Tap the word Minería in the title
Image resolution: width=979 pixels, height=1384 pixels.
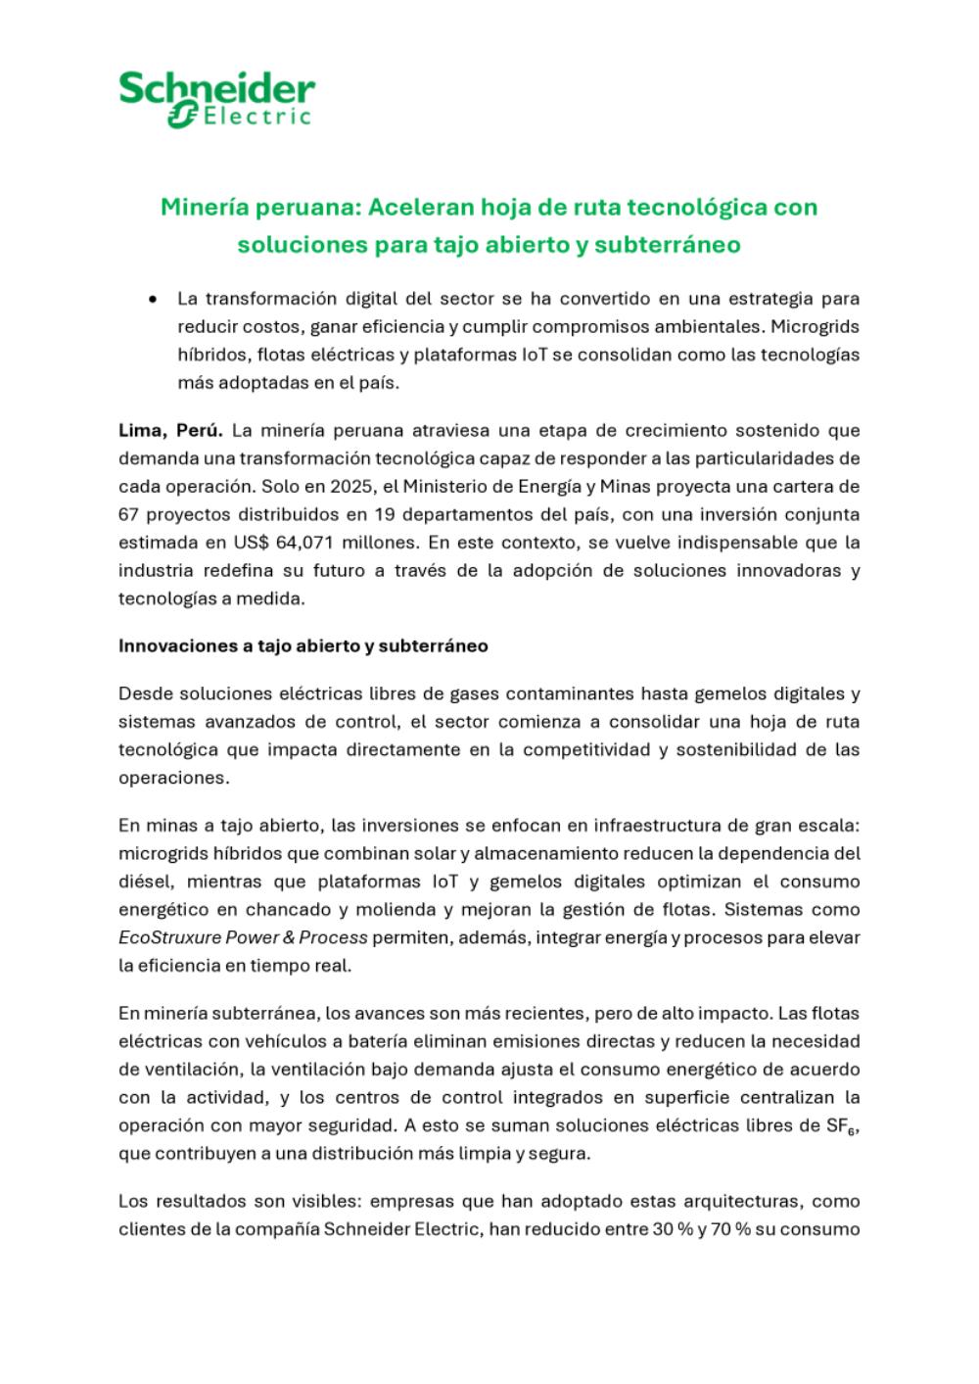205,207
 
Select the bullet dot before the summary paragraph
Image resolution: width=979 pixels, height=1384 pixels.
153,298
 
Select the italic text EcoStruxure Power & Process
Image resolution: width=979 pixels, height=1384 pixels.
243,936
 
